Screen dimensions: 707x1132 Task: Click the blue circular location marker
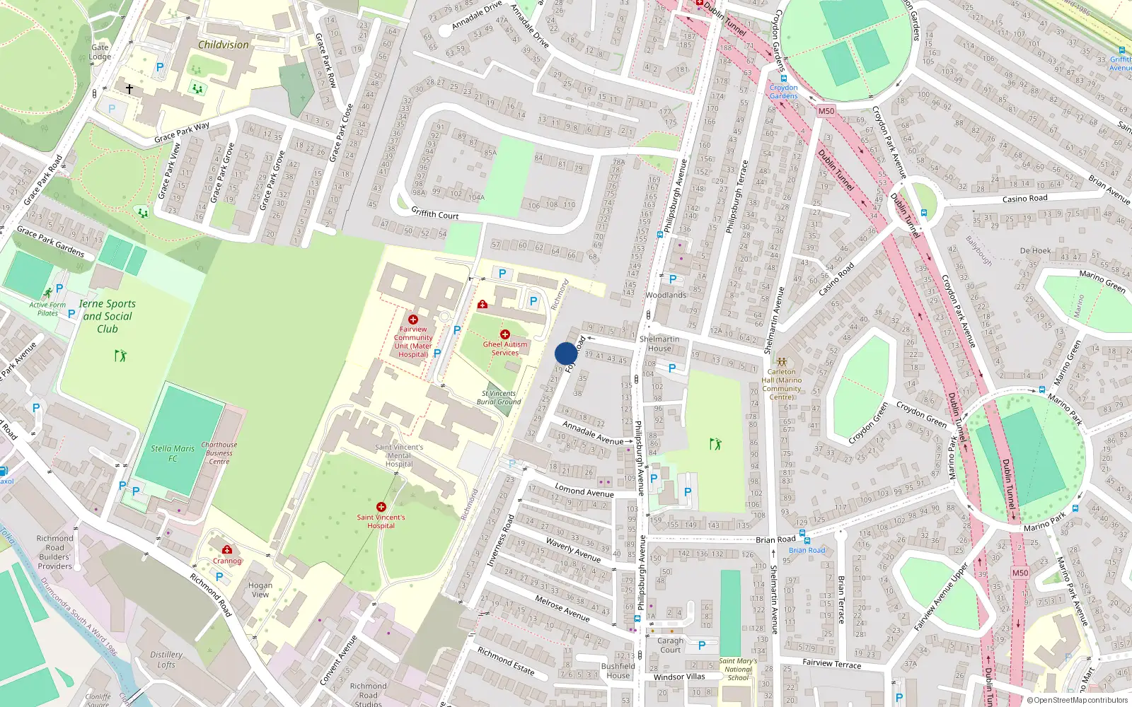[x=565, y=353]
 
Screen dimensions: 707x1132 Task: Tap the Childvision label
[x=223, y=45]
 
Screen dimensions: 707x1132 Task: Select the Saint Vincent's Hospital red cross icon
[x=381, y=507]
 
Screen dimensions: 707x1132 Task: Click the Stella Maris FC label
[x=173, y=453]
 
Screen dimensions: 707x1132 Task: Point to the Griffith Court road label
[x=435, y=213]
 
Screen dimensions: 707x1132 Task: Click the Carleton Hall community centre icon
[x=782, y=361]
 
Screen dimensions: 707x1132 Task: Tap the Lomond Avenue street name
[x=584, y=490]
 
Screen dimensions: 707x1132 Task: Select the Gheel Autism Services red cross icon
[x=504, y=334]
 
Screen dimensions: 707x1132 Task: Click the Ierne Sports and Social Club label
[x=107, y=316]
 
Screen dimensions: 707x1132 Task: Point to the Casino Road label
[x=1024, y=199]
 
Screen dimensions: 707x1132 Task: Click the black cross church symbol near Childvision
[x=129, y=89]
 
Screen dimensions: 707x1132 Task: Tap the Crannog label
[x=227, y=561]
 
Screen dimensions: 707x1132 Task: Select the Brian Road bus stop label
[x=807, y=550]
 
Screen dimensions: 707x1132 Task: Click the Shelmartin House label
[x=659, y=344]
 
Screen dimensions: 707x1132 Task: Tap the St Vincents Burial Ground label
[x=499, y=397]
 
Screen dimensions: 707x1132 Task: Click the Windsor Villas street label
[x=678, y=677]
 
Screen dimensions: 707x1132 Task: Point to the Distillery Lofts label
[x=166, y=660]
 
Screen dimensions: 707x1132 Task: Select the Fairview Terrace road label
[x=831, y=663]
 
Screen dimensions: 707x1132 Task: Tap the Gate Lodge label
[x=100, y=52]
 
